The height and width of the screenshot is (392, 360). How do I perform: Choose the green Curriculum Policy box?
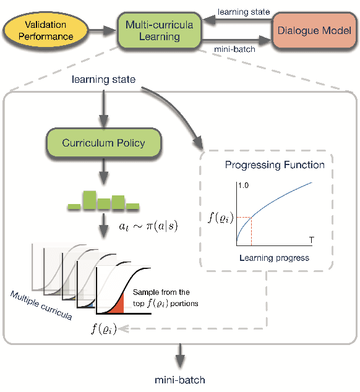[103, 143]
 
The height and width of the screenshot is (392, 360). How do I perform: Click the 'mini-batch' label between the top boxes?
[230, 48]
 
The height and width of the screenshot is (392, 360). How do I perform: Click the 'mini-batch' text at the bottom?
[180, 380]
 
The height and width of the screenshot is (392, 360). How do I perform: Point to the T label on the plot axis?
[310, 238]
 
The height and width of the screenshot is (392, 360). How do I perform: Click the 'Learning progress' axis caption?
[272, 257]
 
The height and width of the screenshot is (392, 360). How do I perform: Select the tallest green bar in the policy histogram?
[90, 199]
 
